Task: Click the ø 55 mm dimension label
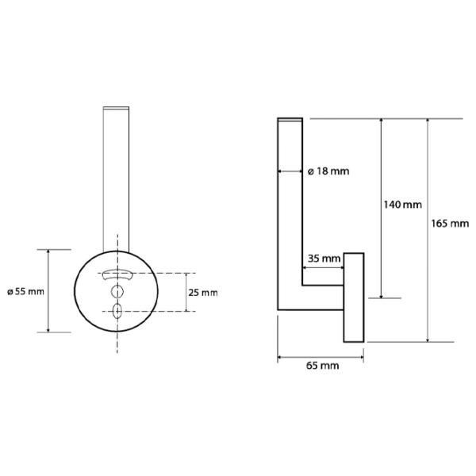26,292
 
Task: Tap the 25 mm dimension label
203,293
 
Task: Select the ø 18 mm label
328,171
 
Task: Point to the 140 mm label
402,205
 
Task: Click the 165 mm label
450,224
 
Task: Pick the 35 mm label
324,259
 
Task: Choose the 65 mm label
322,366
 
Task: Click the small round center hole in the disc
117,292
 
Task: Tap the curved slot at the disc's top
117,274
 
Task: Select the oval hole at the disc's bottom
117,311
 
